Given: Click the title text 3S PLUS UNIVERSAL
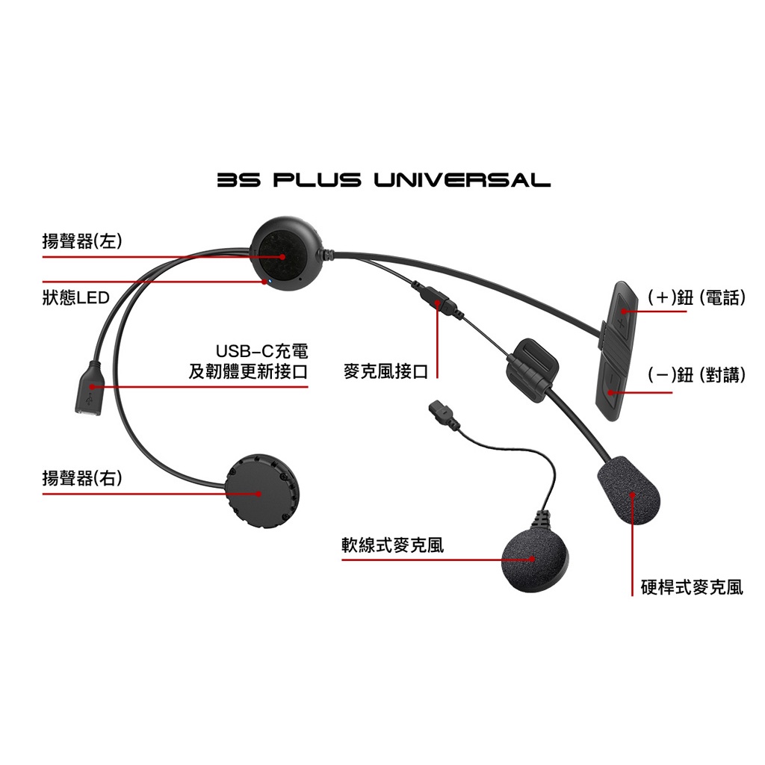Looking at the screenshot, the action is click(x=384, y=179).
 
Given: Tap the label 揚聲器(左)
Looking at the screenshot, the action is click(x=82, y=241).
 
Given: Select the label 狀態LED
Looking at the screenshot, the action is click(x=76, y=297).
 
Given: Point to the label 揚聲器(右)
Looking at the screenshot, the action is click(x=82, y=477).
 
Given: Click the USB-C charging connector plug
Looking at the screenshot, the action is click(x=88, y=388).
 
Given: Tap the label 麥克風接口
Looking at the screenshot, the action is click(x=386, y=372).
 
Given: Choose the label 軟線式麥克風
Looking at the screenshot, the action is click(x=393, y=545).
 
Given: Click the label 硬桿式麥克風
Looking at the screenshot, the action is click(x=692, y=587).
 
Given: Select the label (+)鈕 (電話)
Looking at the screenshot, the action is click(x=697, y=297).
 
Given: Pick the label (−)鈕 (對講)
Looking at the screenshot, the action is click(x=697, y=375).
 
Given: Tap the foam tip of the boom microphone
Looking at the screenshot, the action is click(x=629, y=489).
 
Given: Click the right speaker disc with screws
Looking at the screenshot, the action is click(x=262, y=492).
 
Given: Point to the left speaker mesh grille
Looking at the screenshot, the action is click(x=282, y=257).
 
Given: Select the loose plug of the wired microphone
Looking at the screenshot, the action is click(x=438, y=410).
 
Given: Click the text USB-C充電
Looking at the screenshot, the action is click(x=262, y=351).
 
